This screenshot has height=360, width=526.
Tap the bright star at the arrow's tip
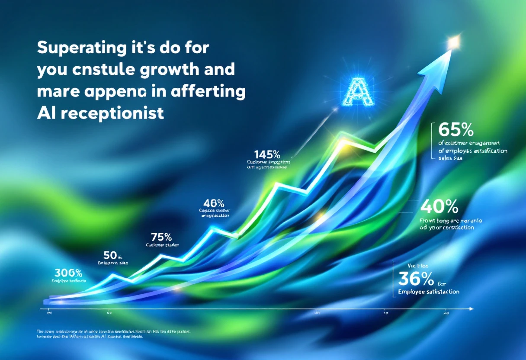tap(453, 42)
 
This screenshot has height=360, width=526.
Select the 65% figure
tap(456, 130)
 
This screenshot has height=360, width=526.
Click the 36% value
tap(416, 279)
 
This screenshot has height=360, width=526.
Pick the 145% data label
tap(267, 154)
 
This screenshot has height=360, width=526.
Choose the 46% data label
tap(214, 202)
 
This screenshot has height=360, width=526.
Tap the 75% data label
tap(161, 237)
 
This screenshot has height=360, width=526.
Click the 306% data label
tap(68, 273)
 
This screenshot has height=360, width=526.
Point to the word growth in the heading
tap(164, 70)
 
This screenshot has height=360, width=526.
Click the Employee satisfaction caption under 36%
tap(428, 292)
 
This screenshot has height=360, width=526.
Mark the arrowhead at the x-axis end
tap(471, 309)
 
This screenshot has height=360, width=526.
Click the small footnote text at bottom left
tap(112, 334)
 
